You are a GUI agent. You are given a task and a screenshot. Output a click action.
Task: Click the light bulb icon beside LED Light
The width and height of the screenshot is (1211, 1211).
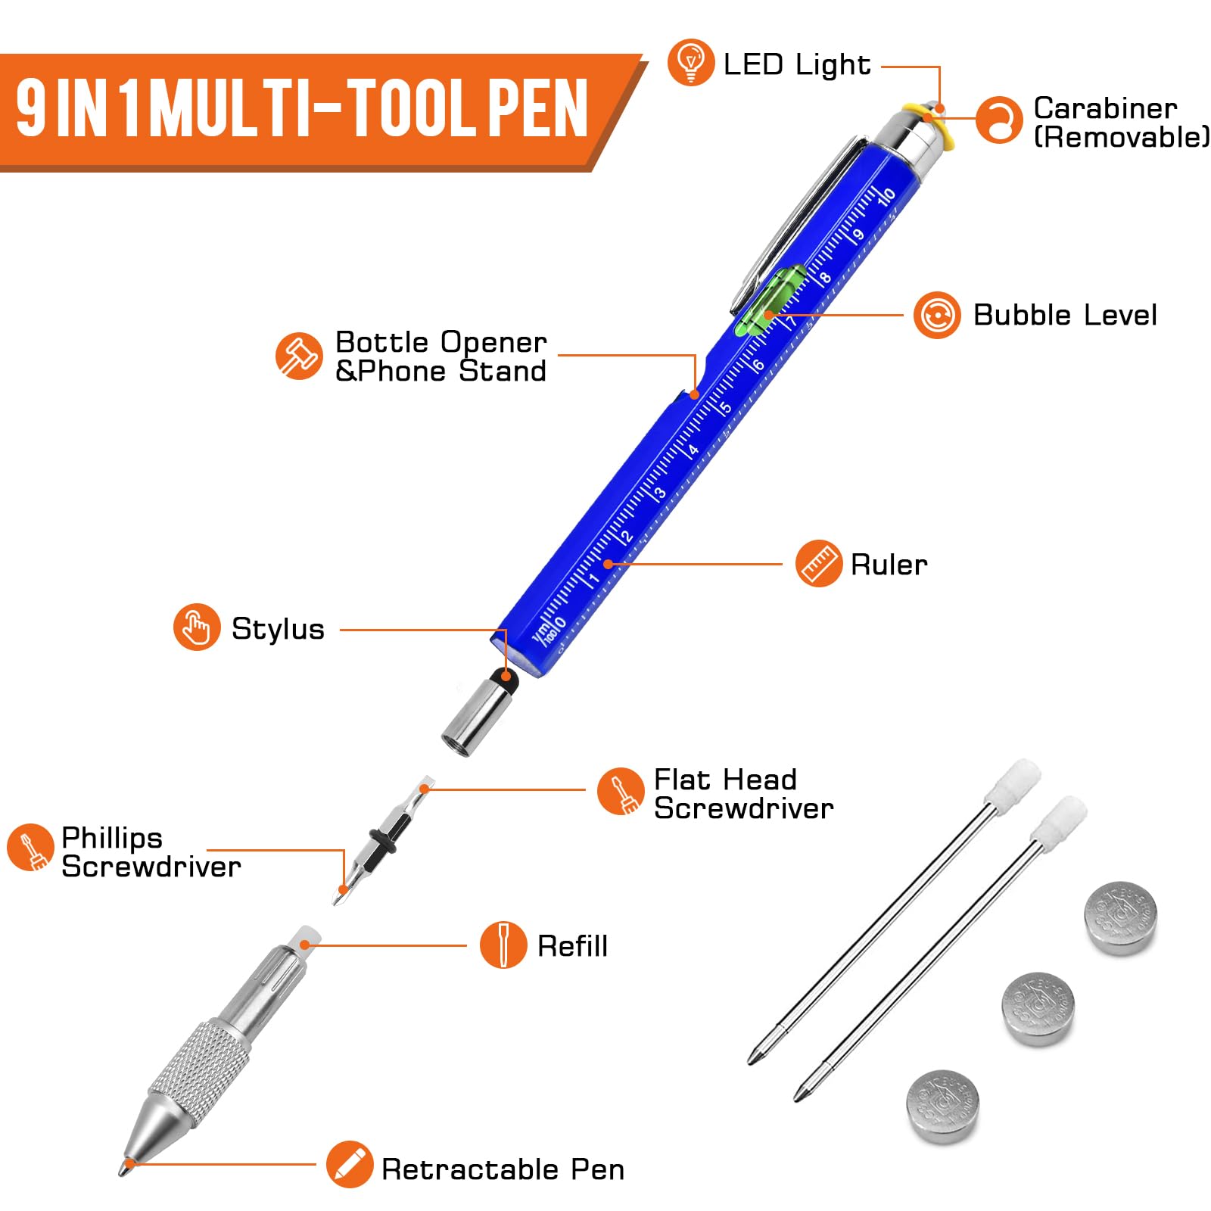690,62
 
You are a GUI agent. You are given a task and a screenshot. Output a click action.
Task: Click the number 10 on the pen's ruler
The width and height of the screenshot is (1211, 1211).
886,196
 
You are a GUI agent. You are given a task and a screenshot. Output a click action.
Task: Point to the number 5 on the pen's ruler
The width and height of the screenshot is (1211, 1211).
724,408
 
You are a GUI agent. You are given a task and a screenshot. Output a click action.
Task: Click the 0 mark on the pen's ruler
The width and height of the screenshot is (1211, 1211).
560,623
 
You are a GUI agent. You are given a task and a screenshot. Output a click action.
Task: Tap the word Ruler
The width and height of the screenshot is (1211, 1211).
889,565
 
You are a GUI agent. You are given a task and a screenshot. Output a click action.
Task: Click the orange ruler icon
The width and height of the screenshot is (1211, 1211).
818,564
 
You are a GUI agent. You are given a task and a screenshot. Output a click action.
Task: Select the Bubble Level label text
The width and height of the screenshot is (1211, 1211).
1064,315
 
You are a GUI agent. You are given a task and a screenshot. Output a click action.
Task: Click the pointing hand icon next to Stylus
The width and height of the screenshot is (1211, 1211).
197,627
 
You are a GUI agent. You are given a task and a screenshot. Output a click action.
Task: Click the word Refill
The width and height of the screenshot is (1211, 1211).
572,946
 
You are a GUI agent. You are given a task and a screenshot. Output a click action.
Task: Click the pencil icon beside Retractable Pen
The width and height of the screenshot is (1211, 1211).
349,1164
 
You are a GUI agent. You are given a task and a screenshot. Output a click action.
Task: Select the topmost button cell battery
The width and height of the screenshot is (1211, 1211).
1121,917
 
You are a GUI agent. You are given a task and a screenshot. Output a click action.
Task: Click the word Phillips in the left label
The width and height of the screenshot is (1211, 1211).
111,838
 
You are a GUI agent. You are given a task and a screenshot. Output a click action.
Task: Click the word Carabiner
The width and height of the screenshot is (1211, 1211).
1104,108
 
